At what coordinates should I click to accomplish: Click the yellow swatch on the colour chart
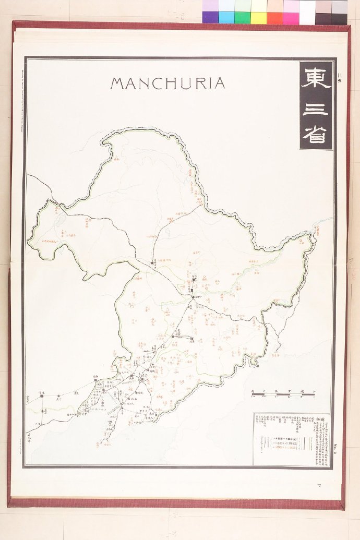[x=259, y=18]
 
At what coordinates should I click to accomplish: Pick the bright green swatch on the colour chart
[x=243, y=18]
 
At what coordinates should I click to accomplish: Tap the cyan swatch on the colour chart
[x=226, y=18]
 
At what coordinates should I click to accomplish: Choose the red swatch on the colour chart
[x=275, y=18]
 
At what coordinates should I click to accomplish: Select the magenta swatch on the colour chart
[x=291, y=18]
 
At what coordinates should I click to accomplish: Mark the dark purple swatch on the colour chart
[x=210, y=18]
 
